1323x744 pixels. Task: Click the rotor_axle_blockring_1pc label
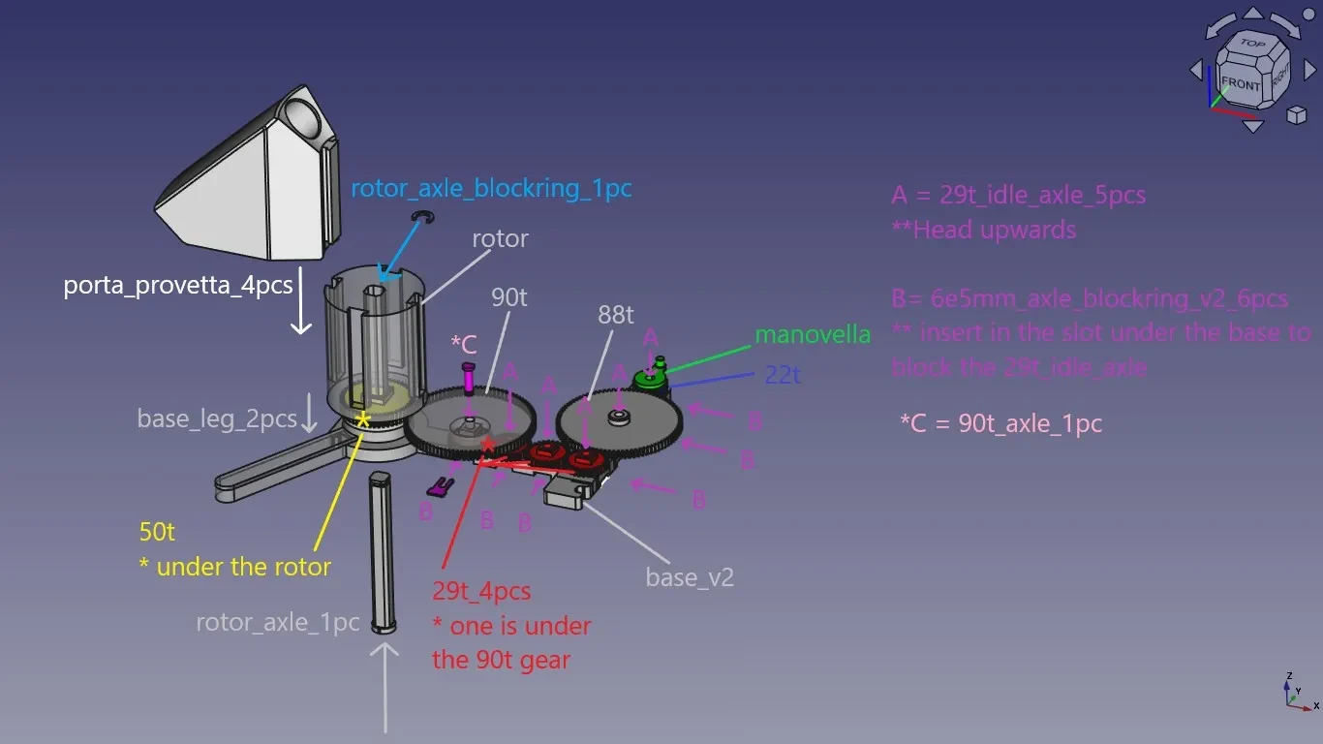[x=491, y=189]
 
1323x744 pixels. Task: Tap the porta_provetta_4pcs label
[x=178, y=286]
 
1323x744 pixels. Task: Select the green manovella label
[x=813, y=334]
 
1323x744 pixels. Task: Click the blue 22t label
[x=782, y=375]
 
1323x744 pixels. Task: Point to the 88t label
[x=615, y=315]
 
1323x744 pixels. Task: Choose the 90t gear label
[x=509, y=297]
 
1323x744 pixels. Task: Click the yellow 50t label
[x=157, y=532]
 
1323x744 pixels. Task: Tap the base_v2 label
[x=690, y=577]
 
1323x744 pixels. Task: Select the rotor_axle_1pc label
[x=278, y=622]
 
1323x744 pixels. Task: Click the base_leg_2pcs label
[x=217, y=418]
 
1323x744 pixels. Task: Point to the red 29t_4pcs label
[x=481, y=592]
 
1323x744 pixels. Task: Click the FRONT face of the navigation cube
[x=1241, y=84]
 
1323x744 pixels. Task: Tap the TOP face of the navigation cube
[x=1252, y=44]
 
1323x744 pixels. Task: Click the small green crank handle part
[x=652, y=376]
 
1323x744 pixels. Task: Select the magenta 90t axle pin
[x=469, y=379]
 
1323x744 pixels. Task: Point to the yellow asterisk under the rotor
[x=362, y=420]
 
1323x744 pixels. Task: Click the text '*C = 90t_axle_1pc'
[x=1000, y=424]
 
